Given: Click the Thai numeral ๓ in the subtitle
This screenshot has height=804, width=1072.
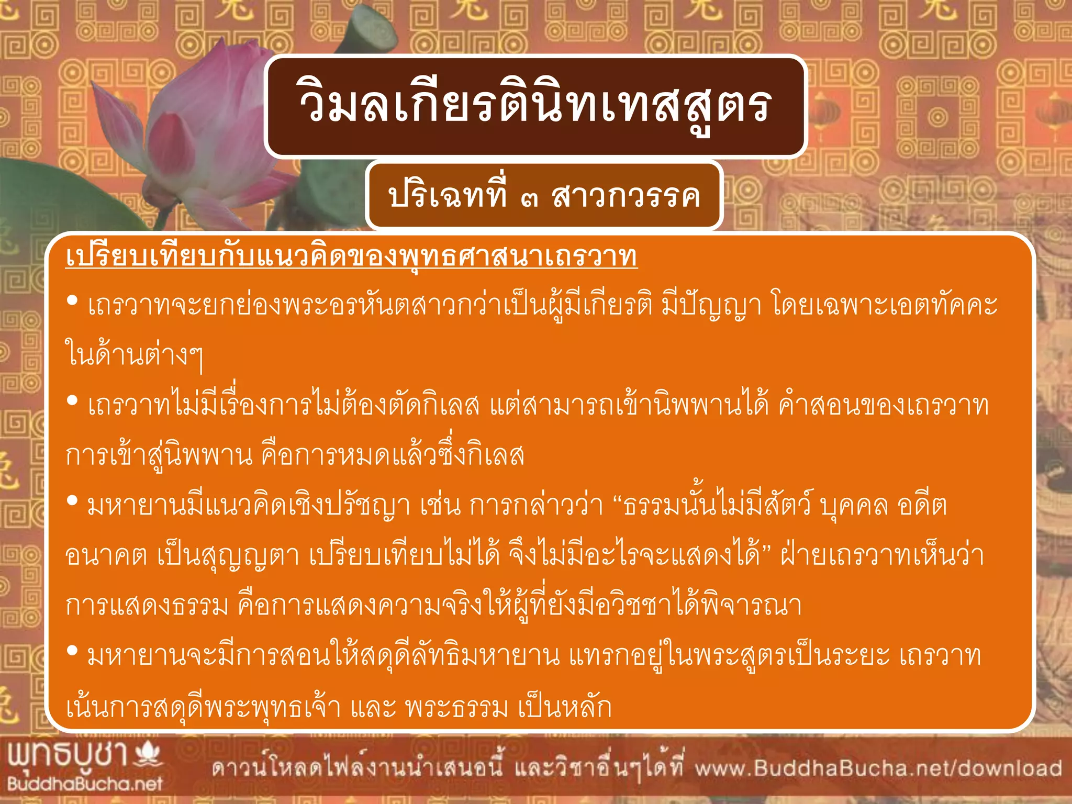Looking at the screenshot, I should [529, 198].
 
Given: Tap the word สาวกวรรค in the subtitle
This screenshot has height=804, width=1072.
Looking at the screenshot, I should [626, 197].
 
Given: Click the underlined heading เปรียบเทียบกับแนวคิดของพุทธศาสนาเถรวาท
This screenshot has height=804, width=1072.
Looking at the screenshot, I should [351, 256].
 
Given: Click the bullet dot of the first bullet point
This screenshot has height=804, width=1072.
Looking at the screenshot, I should [73, 300].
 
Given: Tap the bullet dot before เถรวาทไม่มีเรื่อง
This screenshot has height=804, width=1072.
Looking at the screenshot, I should [73, 401].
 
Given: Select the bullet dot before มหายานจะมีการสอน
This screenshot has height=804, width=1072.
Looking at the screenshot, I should [73, 651].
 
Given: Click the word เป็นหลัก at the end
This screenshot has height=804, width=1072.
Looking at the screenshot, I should [565, 707].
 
